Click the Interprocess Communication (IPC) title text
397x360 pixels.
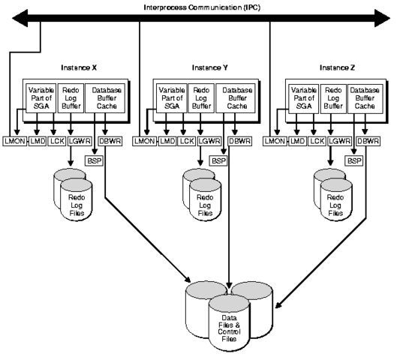[198, 6]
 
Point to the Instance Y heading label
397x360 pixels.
[197, 67]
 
